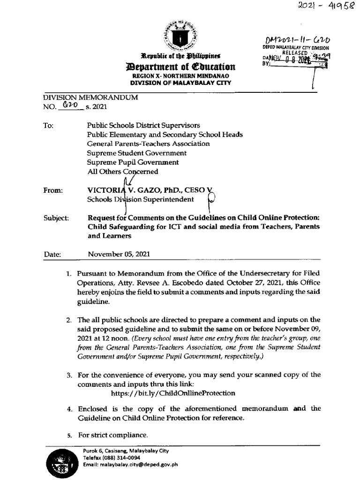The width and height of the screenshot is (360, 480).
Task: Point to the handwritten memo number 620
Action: (x=70, y=106)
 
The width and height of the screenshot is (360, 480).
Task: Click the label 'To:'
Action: (x=49, y=126)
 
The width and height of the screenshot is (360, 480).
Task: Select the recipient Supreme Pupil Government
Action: (x=133, y=162)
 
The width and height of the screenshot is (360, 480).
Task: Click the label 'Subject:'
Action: (x=56, y=218)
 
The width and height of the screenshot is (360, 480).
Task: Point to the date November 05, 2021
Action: (x=119, y=255)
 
